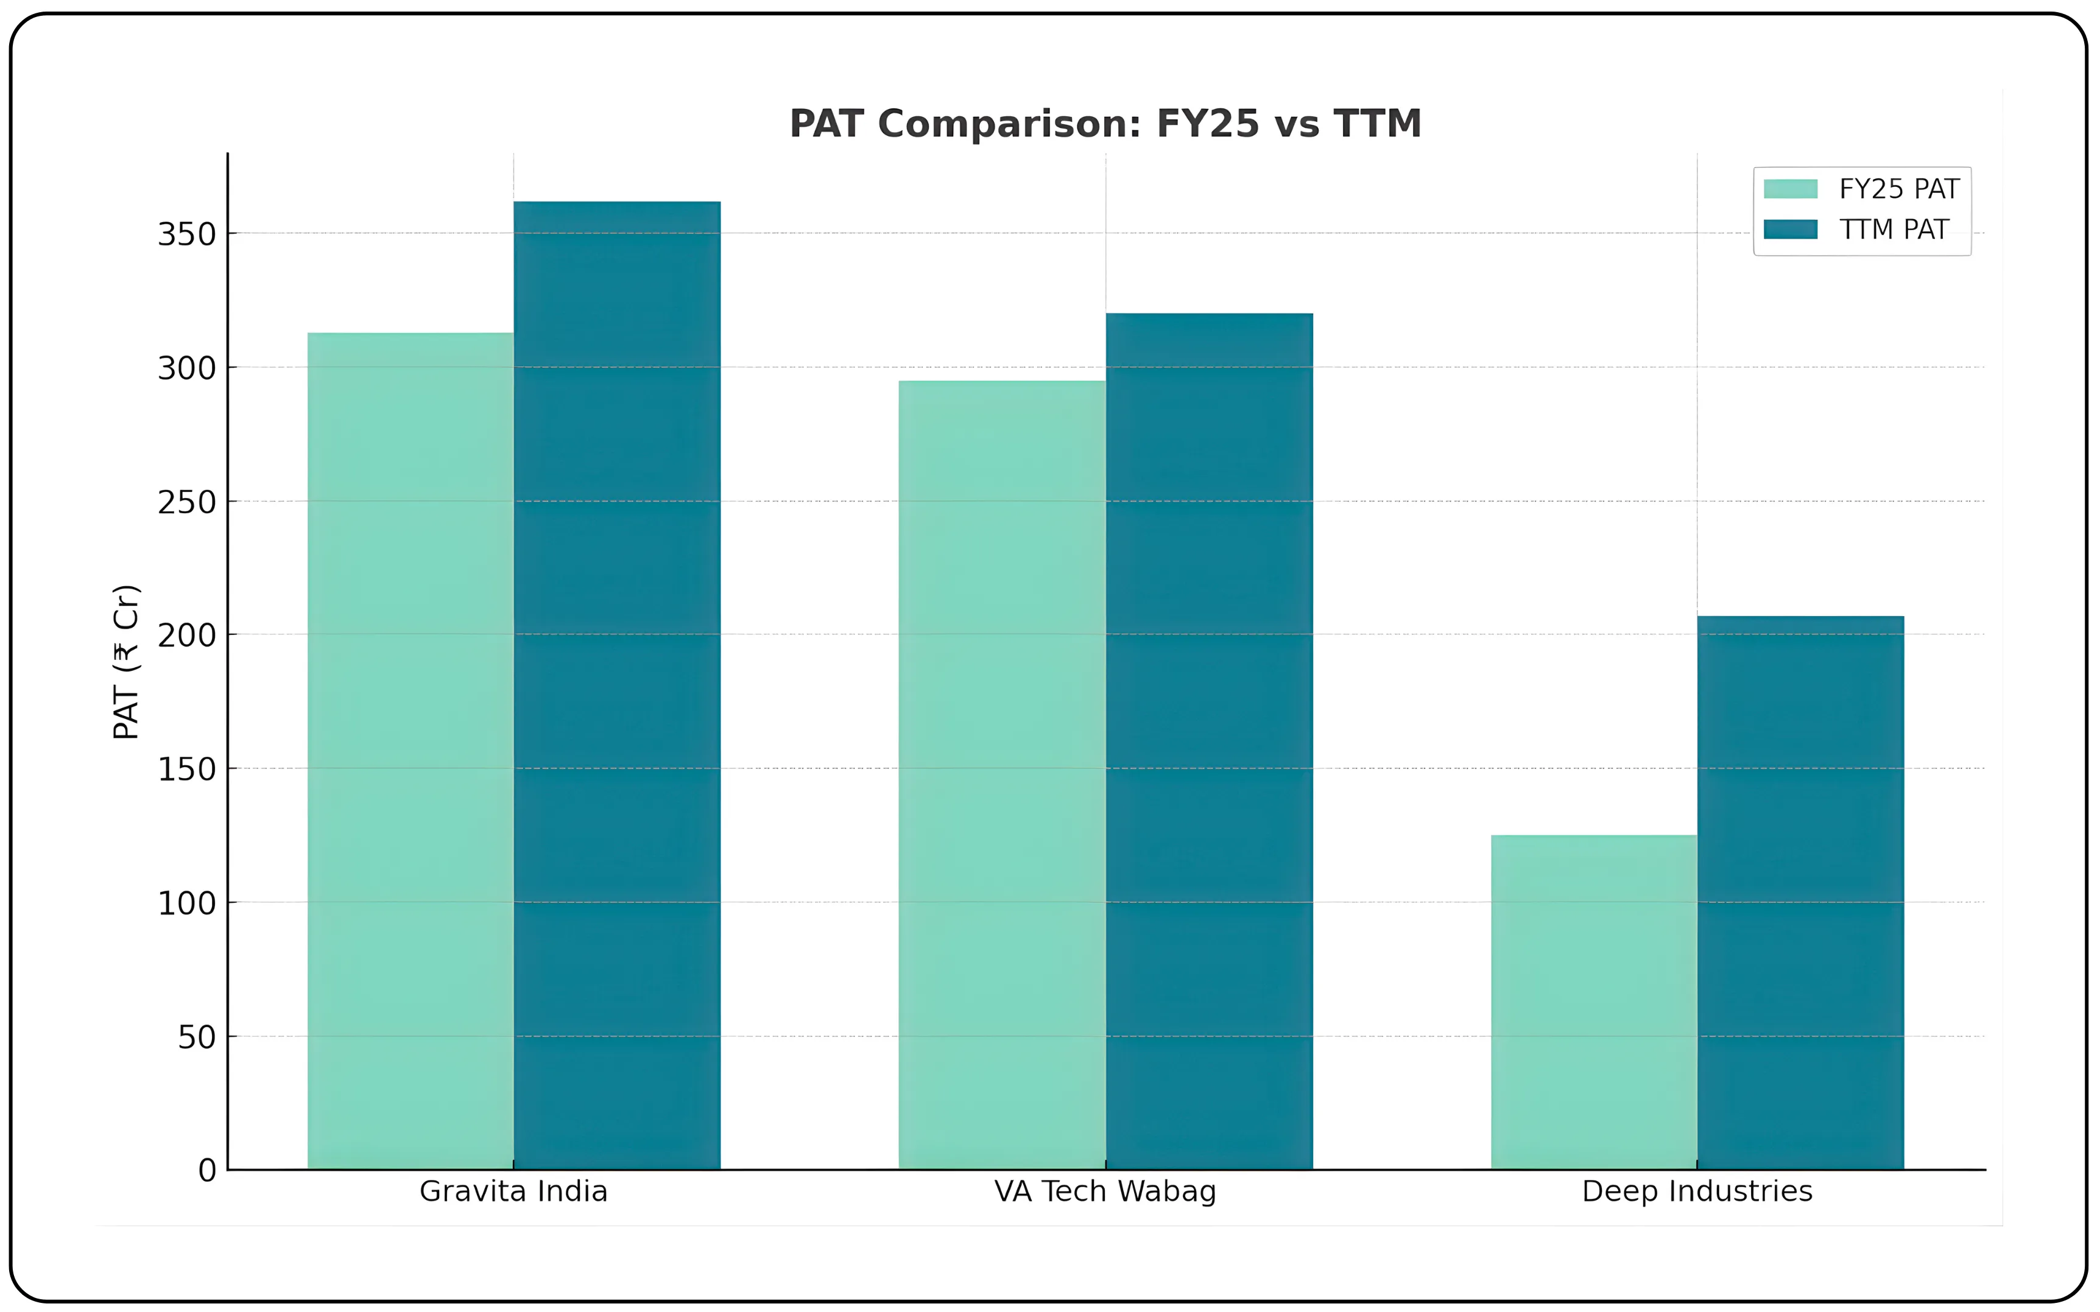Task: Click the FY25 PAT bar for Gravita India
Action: point(410,751)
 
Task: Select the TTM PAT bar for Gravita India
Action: point(617,686)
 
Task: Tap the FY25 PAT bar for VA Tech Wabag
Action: point(1002,775)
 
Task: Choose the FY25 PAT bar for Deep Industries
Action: point(1594,1002)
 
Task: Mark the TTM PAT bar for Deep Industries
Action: point(1800,893)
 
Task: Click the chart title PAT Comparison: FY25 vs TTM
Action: point(1105,124)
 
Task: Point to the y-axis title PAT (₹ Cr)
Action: point(127,662)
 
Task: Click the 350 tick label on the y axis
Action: point(186,234)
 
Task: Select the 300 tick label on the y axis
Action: point(186,368)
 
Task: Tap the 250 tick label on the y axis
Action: point(186,502)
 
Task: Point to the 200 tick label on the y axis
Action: point(186,635)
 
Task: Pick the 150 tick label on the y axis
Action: point(186,769)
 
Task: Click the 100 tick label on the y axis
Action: point(186,903)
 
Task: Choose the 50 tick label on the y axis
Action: point(197,1037)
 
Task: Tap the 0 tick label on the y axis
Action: point(208,1171)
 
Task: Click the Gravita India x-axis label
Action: point(513,1191)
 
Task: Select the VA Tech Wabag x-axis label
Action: point(1105,1191)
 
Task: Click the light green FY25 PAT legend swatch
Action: point(1790,189)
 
